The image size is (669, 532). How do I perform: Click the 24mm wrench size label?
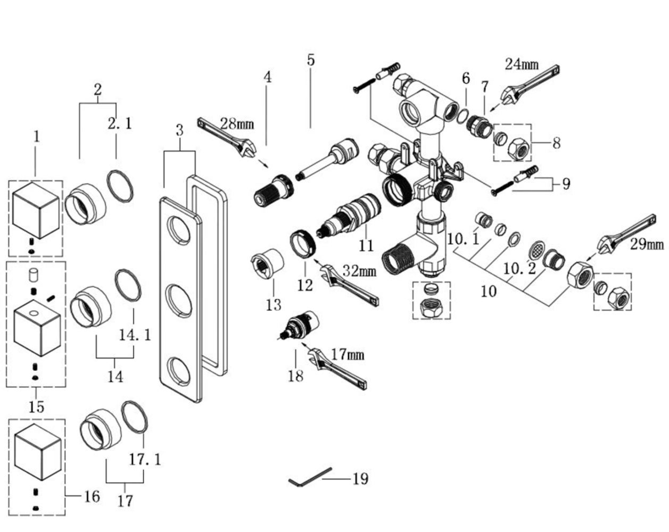tap(522, 65)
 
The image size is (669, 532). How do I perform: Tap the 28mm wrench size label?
tap(237, 125)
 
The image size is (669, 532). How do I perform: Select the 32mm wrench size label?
tap(359, 271)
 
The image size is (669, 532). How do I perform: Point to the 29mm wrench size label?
tap(647, 244)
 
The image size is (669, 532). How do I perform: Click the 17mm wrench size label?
tap(346, 354)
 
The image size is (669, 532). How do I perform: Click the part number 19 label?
tap(360, 479)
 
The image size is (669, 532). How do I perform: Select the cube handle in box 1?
tap(35, 208)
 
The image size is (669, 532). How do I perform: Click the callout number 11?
tap(366, 246)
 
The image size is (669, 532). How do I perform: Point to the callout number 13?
tap(273, 305)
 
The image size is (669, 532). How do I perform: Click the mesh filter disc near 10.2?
tap(538, 249)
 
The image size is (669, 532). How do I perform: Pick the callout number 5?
tap(311, 60)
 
